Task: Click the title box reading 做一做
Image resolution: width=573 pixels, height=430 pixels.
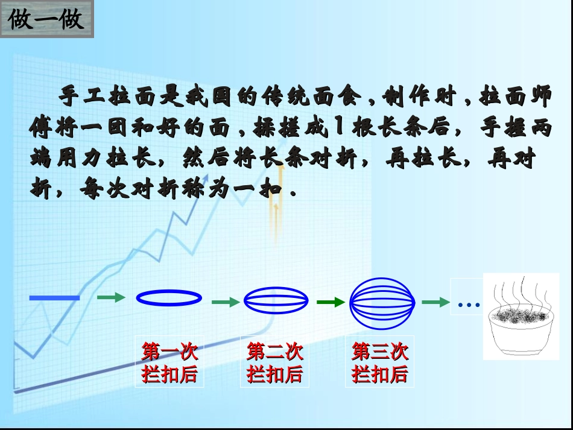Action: pyautogui.click(x=46, y=20)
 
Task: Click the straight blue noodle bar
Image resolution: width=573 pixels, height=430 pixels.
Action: pyautogui.click(x=54, y=297)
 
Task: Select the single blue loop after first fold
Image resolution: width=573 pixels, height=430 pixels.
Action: pyautogui.click(x=169, y=297)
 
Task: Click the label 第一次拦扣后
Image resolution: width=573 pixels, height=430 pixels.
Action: pyautogui.click(x=169, y=362)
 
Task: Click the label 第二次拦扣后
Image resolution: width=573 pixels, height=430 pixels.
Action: pyautogui.click(x=274, y=362)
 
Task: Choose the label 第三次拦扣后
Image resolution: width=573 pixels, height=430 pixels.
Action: pyautogui.click(x=379, y=362)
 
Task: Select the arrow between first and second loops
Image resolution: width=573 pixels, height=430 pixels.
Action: pyautogui.click(x=226, y=302)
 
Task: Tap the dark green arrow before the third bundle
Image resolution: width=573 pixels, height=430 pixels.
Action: pyautogui.click(x=331, y=302)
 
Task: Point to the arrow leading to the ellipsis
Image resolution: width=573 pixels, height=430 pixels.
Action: pyautogui.click(x=435, y=302)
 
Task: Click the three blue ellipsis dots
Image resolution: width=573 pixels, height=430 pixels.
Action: pyautogui.click(x=468, y=305)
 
